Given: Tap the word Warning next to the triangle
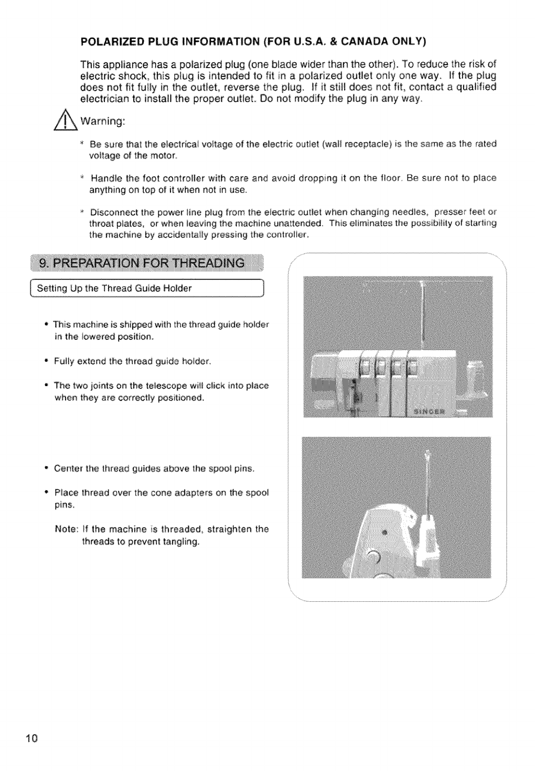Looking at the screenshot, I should pos(102,122).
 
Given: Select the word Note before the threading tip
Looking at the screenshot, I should pos(66,529).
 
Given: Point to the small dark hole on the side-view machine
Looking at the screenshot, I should pos(384,533).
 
